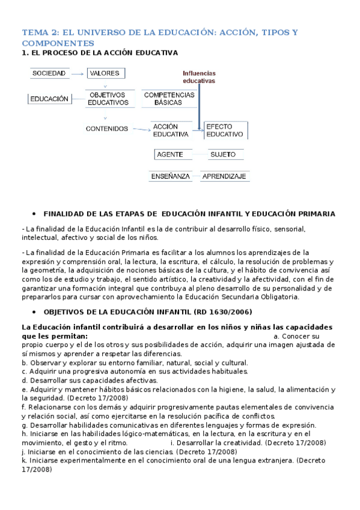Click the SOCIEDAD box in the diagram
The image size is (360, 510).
click(x=49, y=73)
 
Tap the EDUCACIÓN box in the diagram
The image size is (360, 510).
click(x=49, y=99)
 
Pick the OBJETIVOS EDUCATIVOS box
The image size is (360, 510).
click(x=108, y=99)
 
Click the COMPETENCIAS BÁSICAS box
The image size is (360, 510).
click(x=169, y=99)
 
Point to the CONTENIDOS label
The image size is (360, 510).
click(x=106, y=128)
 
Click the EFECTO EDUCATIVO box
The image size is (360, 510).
click(x=225, y=131)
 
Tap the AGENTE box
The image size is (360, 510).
click(x=169, y=155)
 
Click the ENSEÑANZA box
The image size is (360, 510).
click(x=169, y=176)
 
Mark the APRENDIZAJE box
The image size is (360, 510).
click(x=225, y=176)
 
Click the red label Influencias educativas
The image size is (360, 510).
click(x=198, y=76)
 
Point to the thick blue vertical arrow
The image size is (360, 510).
click(x=199, y=105)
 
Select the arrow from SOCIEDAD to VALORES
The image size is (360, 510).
click(x=78, y=74)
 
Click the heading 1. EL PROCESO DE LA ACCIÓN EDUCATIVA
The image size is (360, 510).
click(x=99, y=53)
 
